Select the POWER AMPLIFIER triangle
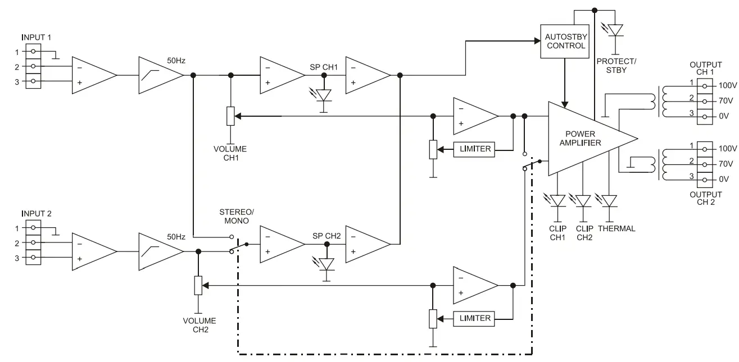[584, 138]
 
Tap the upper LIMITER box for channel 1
[475, 149]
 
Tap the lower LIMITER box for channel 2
[475, 318]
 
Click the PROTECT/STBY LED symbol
[616, 30]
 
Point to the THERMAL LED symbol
[609, 200]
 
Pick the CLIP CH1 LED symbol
[557, 200]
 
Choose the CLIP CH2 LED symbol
[583, 200]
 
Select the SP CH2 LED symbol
[324, 263]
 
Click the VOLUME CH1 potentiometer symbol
[230, 116]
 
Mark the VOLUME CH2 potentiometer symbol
[198, 285]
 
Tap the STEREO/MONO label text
[237, 216]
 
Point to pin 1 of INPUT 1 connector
[34, 52]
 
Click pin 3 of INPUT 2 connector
[34, 258]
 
